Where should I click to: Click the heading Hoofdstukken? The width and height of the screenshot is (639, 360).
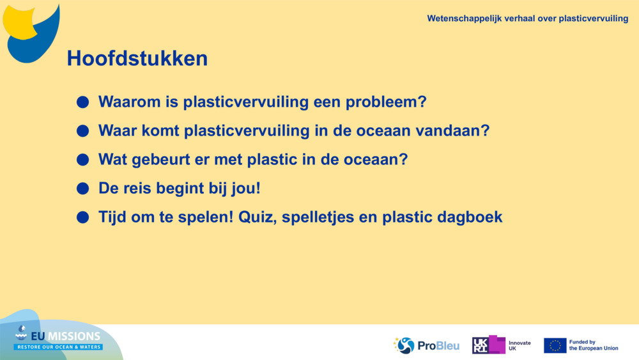click(x=137, y=58)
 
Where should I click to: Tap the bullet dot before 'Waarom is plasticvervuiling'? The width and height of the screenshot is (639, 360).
click(x=82, y=102)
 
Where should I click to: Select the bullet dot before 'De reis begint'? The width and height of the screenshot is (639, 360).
click(x=82, y=189)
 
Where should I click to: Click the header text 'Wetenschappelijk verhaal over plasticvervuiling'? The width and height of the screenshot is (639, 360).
click(x=527, y=19)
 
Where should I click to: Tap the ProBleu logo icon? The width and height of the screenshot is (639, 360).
click(x=404, y=345)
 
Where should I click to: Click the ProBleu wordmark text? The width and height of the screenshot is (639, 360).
click(x=438, y=346)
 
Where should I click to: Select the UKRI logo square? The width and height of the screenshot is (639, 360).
click(x=488, y=345)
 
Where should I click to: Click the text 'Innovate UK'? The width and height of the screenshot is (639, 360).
click(x=519, y=346)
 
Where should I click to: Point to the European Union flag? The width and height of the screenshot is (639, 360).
click(x=555, y=345)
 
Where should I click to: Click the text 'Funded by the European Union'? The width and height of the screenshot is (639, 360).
click(x=593, y=345)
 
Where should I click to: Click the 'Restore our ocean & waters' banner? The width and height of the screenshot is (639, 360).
click(x=58, y=347)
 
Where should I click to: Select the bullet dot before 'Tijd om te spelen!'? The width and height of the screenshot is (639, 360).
click(x=82, y=217)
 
